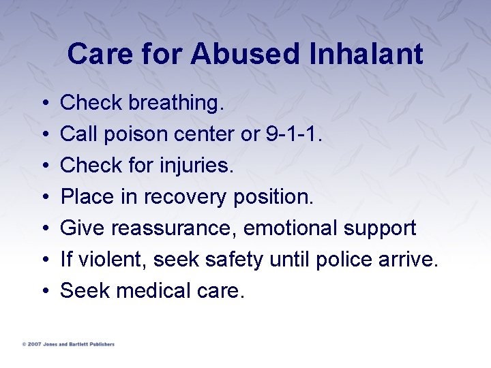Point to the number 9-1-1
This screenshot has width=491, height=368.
[292, 134]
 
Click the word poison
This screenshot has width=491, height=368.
[129, 134]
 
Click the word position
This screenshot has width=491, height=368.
[273, 197]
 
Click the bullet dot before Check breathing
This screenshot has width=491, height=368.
[43, 104]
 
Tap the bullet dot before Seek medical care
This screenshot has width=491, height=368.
[43, 292]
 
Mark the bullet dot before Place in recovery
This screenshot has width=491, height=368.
[43, 198]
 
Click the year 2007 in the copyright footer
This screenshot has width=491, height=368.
[33, 344]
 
